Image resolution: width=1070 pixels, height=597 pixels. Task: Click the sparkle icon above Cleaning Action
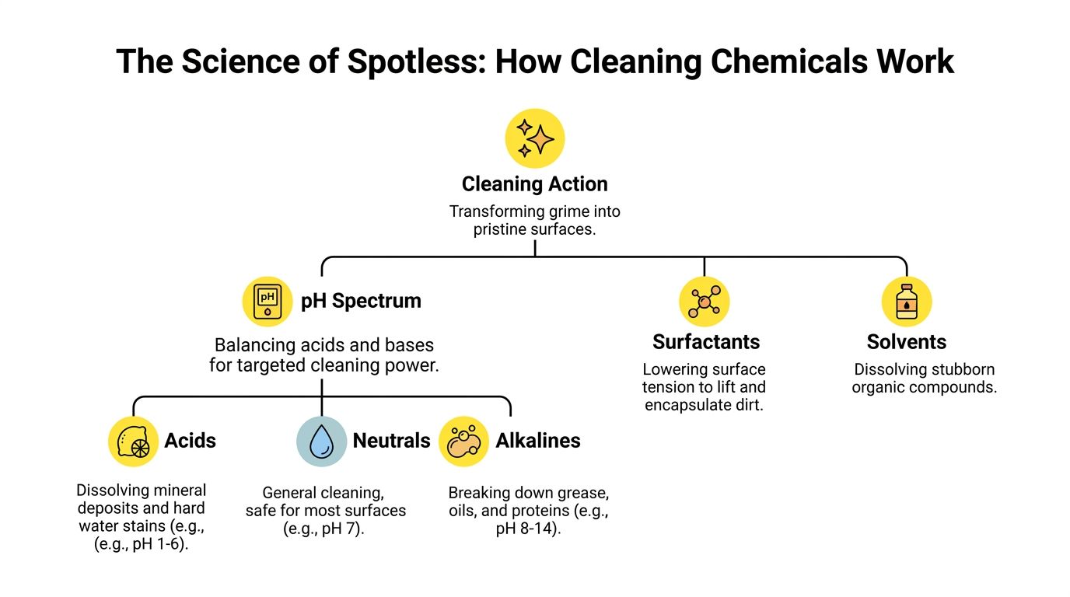tap(534, 138)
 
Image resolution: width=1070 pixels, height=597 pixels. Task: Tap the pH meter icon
tap(267, 302)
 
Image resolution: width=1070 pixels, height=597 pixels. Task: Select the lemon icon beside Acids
tap(133, 441)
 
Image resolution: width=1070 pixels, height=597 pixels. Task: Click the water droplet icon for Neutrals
tap(321, 441)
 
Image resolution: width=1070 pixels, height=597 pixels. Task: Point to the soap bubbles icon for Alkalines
tap(463, 441)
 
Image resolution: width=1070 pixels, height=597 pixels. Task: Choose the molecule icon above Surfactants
tap(705, 302)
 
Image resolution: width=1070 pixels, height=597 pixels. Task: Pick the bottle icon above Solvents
tap(907, 302)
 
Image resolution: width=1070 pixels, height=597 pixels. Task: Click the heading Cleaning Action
tap(534, 184)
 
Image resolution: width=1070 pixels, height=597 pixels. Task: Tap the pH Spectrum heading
tap(361, 302)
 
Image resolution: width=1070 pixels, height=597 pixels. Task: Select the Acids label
tap(190, 441)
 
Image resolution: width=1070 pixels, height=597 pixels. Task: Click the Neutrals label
tap(391, 441)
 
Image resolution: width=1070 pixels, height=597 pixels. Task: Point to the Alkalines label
tap(538, 441)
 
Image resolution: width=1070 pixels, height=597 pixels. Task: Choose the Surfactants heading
tap(706, 342)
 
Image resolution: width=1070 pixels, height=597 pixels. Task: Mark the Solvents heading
tap(907, 342)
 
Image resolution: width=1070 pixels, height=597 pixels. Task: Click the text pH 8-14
tap(529, 529)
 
